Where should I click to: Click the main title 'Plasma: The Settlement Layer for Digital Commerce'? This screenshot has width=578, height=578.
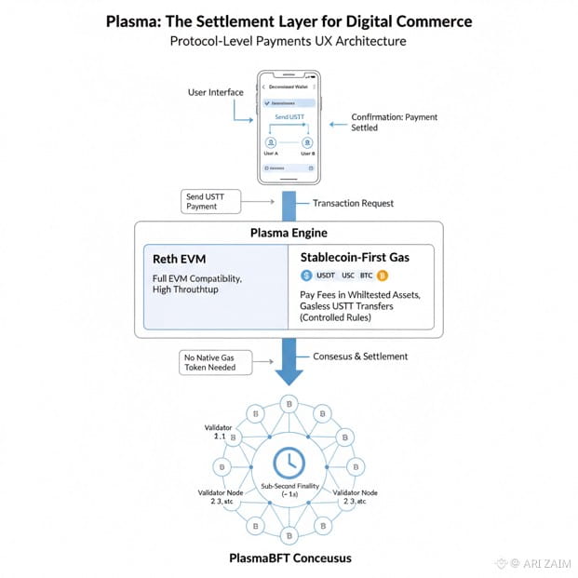pyautogui.click(x=289, y=20)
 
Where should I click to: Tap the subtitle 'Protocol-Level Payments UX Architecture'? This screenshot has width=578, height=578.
pyautogui.click(x=289, y=42)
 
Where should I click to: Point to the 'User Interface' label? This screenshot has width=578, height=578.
pyautogui.click(x=215, y=92)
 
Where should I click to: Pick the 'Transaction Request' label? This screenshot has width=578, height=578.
pyautogui.click(x=353, y=203)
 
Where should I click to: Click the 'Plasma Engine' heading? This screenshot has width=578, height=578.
pyautogui.click(x=289, y=233)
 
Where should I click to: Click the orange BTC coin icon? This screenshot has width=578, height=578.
pyautogui.click(x=383, y=276)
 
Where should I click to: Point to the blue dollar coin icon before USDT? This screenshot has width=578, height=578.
pyautogui.click(x=306, y=276)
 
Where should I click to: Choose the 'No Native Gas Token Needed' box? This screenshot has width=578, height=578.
pyautogui.click(x=211, y=361)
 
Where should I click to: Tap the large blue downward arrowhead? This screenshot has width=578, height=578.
pyautogui.click(x=289, y=374)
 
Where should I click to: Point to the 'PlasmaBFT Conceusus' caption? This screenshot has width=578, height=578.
pyautogui.click(x=289, y=558)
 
